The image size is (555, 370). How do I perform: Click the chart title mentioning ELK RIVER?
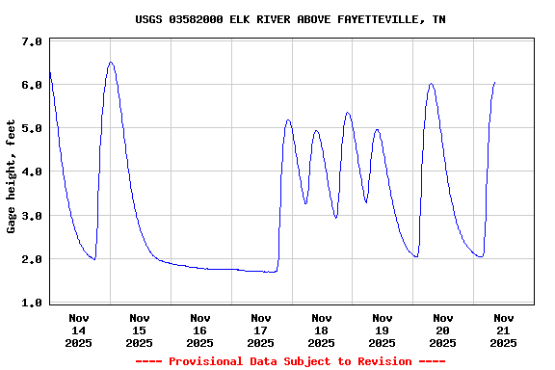[x=290, y=19]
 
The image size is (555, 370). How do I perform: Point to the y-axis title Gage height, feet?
[x=12, y=172]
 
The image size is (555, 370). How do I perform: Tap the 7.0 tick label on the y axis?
[x=31, y=42]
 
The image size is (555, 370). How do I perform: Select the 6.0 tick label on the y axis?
[x=31, y=86]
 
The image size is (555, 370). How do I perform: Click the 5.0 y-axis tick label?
[x=31, y=129]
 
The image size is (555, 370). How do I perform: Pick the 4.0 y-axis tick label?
[x=31, y=172]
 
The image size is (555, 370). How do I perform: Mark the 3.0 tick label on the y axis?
[x=31, y=217]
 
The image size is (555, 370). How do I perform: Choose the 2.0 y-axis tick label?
[x=31, y=260]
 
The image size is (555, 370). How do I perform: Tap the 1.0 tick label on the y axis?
[x=31, y=304]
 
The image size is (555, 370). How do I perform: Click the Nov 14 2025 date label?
[x=79, y=330]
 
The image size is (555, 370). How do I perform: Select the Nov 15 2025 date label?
[x=140, y=330]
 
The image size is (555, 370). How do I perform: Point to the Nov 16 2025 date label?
[x=200, y=330]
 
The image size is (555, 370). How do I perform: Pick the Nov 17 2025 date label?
[x=261, y=330]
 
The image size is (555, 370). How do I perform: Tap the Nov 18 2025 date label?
[x=322, y=330]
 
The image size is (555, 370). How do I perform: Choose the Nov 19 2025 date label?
[x=383, y=330]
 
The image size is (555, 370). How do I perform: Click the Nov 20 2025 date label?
[x=443, y=330]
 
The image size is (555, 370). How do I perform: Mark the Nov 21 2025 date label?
[x=504, y=330]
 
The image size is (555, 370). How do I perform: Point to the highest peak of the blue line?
[x=111, y=63]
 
